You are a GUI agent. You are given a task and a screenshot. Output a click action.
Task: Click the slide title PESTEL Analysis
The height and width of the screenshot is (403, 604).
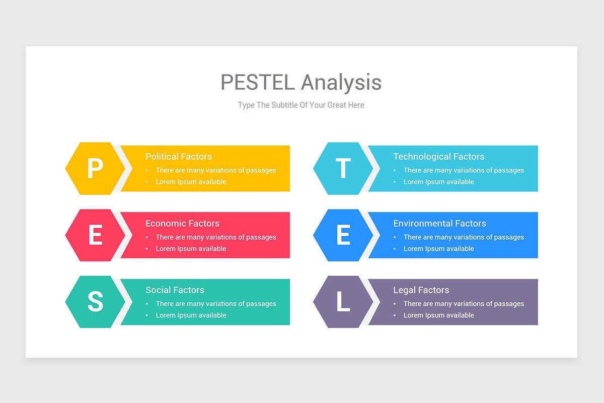301,82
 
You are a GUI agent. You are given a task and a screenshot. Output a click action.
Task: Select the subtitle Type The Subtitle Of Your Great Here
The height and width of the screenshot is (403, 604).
301,105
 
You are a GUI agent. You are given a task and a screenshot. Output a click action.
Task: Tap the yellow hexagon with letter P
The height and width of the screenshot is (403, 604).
95,168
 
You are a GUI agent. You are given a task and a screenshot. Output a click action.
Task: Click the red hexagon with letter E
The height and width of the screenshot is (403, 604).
95,235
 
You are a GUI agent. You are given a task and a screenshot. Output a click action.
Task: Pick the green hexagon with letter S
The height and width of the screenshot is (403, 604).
95,302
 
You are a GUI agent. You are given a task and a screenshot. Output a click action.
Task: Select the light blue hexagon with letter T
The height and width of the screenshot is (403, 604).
343,168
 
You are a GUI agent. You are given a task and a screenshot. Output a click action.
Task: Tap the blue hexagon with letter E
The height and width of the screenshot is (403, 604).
343,235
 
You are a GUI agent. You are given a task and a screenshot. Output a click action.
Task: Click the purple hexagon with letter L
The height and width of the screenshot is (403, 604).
343,302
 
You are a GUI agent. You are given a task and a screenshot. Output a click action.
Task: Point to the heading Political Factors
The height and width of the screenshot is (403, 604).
179,157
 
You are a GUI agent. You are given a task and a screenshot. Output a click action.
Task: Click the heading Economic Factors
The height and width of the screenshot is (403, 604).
182,223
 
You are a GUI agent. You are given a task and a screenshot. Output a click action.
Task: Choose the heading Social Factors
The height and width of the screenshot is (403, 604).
175,290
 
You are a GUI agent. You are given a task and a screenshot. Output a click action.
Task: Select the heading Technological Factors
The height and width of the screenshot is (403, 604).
438,157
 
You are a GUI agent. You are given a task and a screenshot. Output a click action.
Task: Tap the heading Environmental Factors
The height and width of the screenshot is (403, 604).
439,223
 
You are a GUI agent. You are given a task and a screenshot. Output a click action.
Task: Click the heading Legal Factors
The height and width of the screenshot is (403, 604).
421,290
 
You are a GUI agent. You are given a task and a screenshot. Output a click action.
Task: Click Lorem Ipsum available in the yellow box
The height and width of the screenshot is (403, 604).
191,182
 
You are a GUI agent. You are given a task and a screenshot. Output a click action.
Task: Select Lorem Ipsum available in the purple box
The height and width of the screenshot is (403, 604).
438,315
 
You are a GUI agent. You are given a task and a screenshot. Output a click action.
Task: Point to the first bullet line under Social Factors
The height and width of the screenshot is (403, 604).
215,304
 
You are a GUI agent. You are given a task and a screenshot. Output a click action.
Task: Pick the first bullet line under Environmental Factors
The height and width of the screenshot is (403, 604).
464,237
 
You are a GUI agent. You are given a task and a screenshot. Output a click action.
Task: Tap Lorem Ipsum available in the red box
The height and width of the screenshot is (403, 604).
191,249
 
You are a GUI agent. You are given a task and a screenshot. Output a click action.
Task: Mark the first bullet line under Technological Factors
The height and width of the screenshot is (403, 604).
464,170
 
